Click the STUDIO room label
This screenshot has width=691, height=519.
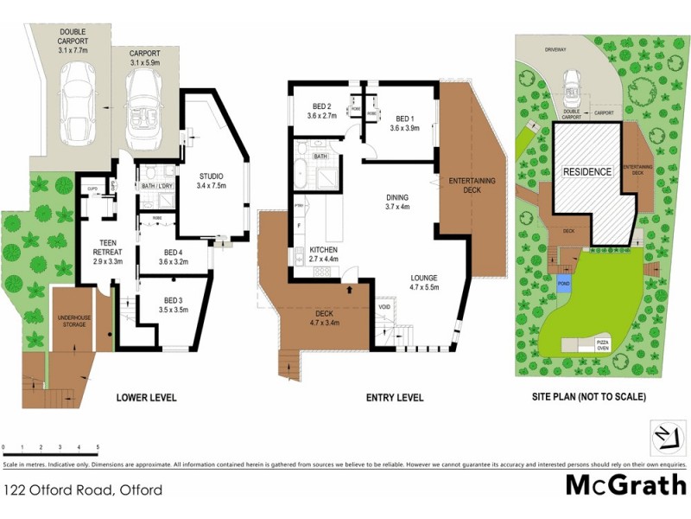(211, 179)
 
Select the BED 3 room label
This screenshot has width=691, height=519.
(174, 304)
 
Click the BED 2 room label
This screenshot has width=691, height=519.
(324, 110)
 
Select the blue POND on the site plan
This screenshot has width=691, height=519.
(563, 285)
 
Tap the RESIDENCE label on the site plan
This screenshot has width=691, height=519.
(587, 171)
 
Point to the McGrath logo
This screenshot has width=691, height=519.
(625, 484)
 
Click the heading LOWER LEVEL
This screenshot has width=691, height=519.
(145, 398)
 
